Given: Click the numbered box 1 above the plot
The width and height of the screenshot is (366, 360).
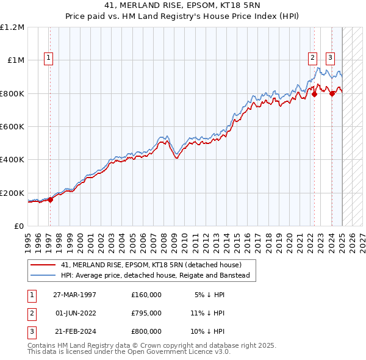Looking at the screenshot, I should pyautogui.click(x=48, y=58).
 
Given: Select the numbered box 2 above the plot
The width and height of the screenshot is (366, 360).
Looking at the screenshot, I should pyautogui.click(x=312, y=58).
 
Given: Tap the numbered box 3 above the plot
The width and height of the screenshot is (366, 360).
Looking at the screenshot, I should pyautogui.click(x=330, y=58).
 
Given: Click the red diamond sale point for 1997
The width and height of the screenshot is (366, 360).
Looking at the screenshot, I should pyautogui.click(x=51, y=200).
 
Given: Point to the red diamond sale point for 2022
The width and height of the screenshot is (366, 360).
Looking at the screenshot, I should pyautogui.click(x=314, y=94).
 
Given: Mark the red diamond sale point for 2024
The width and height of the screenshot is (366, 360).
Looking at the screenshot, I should pyautogui.click(x=332, y=93).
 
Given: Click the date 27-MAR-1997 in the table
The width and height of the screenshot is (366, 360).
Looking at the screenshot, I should pyautogui.click(x=75, y=295).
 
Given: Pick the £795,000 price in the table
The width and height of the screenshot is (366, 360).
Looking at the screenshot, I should pyautogui.click(x=146, y=313).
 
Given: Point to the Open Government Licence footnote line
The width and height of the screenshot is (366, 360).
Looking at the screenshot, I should pyautogui.click(x=129, y=352).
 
